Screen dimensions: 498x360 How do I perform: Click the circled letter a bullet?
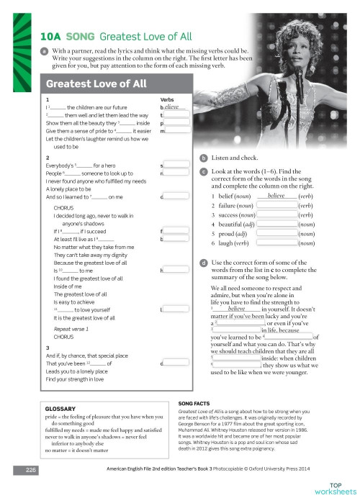(44, 51)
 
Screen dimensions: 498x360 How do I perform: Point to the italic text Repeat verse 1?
(73, 329)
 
